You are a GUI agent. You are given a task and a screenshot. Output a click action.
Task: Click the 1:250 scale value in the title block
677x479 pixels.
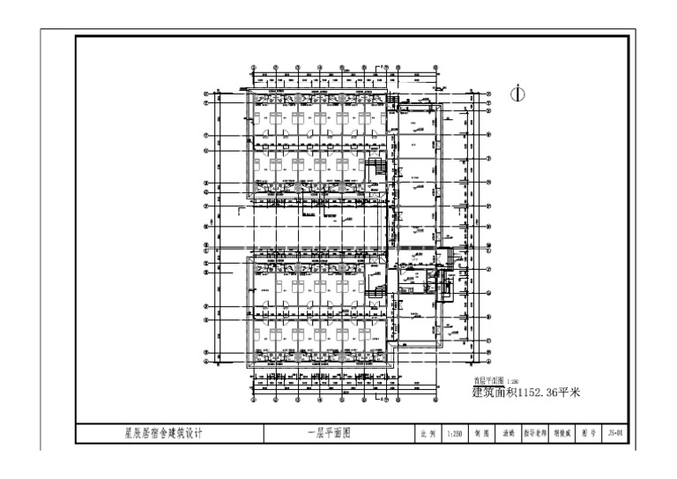pyautogui.click(x=455, y=434)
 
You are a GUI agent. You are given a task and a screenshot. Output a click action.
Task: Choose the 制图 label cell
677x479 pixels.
pyautogui.click(x=482, y=434)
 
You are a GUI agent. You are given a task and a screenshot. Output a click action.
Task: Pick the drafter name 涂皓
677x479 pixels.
pyautogui.click(x=509, y=434)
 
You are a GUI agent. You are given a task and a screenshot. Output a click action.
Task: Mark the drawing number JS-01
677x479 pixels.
pyautogui.click(x=616, y=434)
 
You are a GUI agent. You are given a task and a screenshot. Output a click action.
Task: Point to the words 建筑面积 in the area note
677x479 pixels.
pyautogui.click(x=492, y=392)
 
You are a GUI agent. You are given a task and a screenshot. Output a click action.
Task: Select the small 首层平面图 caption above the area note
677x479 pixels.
pyautogui.click(x=487, y=381)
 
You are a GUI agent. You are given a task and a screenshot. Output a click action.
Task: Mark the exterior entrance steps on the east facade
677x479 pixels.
pyautogui.click(x=452, y=257)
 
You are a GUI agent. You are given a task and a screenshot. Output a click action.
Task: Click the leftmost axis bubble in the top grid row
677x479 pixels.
pyautogui.click(x=254, y=67)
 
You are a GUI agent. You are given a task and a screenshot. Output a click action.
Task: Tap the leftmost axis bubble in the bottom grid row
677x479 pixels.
pyautogui.click(x=254, y=398)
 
